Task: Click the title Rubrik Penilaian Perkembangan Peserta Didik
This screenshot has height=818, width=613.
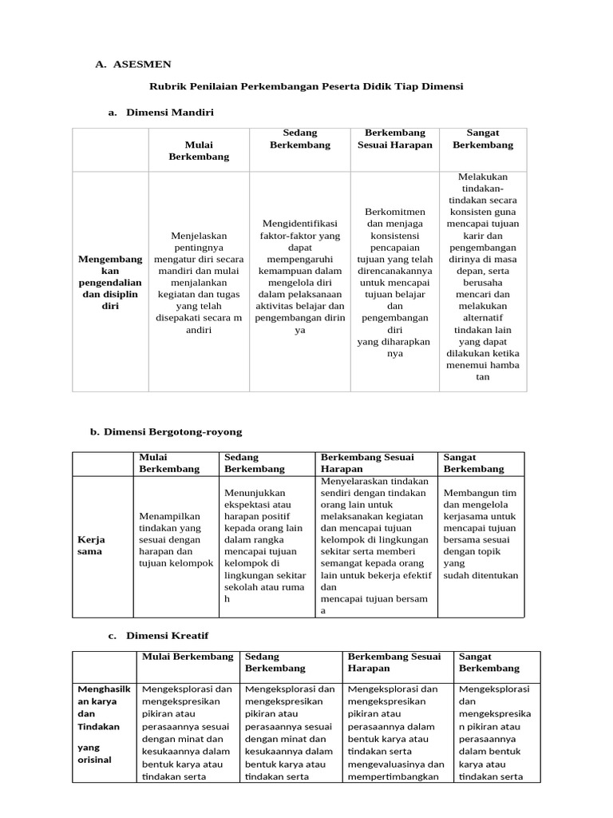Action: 307,85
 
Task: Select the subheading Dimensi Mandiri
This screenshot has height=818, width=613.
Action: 169,113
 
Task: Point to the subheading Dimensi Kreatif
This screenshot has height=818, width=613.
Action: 167,636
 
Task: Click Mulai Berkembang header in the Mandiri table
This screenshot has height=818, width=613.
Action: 199,151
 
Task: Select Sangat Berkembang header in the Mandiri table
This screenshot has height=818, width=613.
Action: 483,139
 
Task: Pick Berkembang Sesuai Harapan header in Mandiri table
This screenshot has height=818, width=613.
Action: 394,139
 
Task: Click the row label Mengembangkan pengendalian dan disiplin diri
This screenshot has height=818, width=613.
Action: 110,282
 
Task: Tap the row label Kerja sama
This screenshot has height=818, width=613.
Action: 91,546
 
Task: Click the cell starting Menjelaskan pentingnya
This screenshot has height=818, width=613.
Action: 199,282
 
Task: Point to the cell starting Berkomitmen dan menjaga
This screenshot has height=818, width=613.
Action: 394,282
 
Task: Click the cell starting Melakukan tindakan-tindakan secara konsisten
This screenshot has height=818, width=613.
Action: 483,276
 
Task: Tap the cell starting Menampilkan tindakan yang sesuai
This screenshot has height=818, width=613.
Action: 176,539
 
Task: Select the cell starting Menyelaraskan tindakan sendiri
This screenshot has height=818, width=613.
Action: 376,546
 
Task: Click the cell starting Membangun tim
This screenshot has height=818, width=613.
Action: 481,533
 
